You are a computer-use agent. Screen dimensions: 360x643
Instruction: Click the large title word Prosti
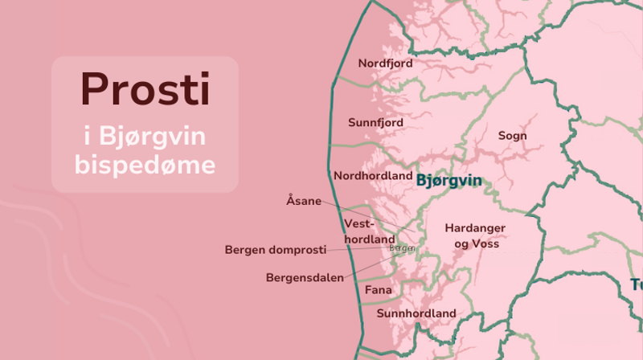145,88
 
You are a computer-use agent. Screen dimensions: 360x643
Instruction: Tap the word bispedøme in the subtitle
145,166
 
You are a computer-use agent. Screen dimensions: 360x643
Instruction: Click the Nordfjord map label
385,63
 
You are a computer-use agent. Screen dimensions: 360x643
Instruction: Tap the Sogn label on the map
513,136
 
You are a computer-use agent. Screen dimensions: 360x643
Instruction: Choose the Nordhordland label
373,176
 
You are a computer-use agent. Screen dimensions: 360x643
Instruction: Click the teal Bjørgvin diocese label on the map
449,180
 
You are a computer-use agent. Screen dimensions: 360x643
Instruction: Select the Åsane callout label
303,200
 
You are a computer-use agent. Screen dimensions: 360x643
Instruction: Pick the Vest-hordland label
369,231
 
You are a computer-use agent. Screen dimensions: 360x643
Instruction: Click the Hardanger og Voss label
477,235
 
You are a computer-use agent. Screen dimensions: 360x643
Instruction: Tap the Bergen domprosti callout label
282,250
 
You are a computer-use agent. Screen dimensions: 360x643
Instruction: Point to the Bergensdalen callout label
305,277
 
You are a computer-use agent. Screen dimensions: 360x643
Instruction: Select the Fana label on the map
378,289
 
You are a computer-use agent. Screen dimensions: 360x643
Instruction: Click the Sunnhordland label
416,313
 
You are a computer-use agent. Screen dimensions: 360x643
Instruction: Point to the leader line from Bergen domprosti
362,249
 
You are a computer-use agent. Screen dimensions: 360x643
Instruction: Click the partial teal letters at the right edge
635,285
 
